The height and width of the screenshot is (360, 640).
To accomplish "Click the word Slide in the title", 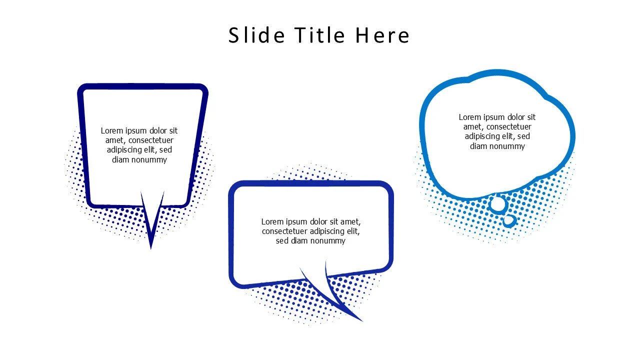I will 256,35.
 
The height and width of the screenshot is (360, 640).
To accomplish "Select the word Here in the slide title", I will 382,35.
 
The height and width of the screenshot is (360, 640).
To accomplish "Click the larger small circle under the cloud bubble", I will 498,204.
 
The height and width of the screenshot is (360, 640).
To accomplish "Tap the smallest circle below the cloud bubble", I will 509,220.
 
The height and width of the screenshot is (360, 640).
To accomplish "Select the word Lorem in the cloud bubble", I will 470,117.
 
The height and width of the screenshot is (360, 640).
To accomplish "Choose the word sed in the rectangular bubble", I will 282,240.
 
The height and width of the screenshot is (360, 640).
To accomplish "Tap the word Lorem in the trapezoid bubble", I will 112,130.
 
